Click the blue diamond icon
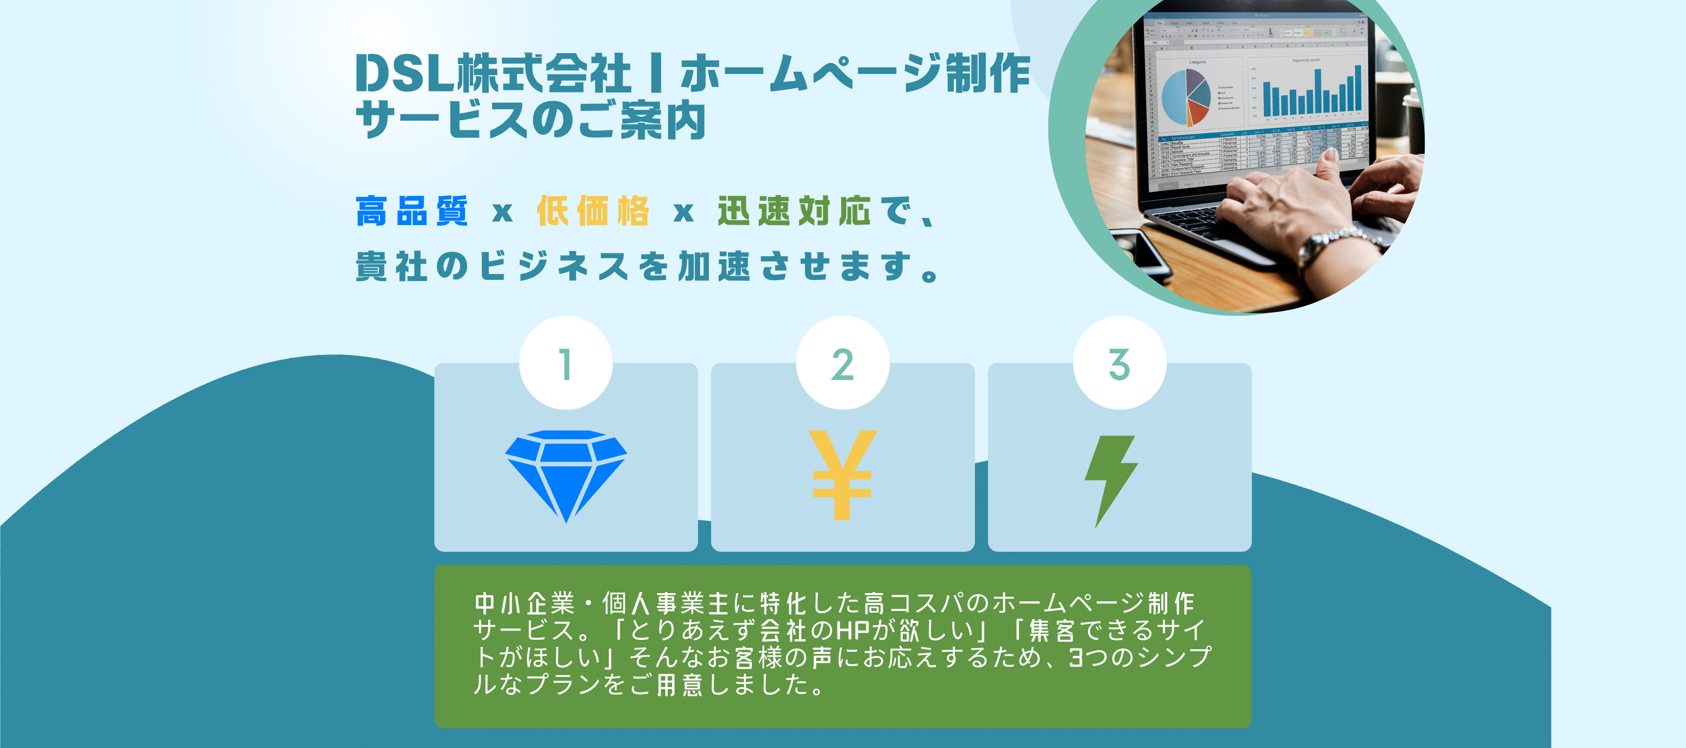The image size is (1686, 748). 565,476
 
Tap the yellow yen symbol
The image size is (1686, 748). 842,476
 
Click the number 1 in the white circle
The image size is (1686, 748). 566,364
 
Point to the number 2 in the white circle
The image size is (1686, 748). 842,364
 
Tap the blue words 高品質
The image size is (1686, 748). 412,211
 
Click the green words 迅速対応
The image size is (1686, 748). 794,211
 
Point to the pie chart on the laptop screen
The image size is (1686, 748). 1186,97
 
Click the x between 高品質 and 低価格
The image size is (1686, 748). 502,212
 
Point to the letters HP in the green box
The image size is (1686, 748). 853,630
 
